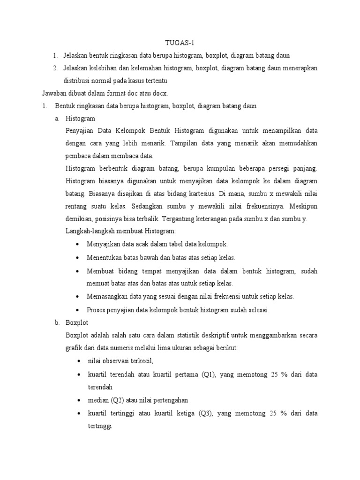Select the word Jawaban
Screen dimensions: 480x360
[x=54, y=93]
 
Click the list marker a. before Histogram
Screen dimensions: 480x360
[x=57, y=119]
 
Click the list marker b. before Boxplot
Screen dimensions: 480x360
[x=57, y=323]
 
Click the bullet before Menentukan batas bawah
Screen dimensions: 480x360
[x=77, y=258]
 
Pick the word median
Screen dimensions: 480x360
[x=97, y=400]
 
